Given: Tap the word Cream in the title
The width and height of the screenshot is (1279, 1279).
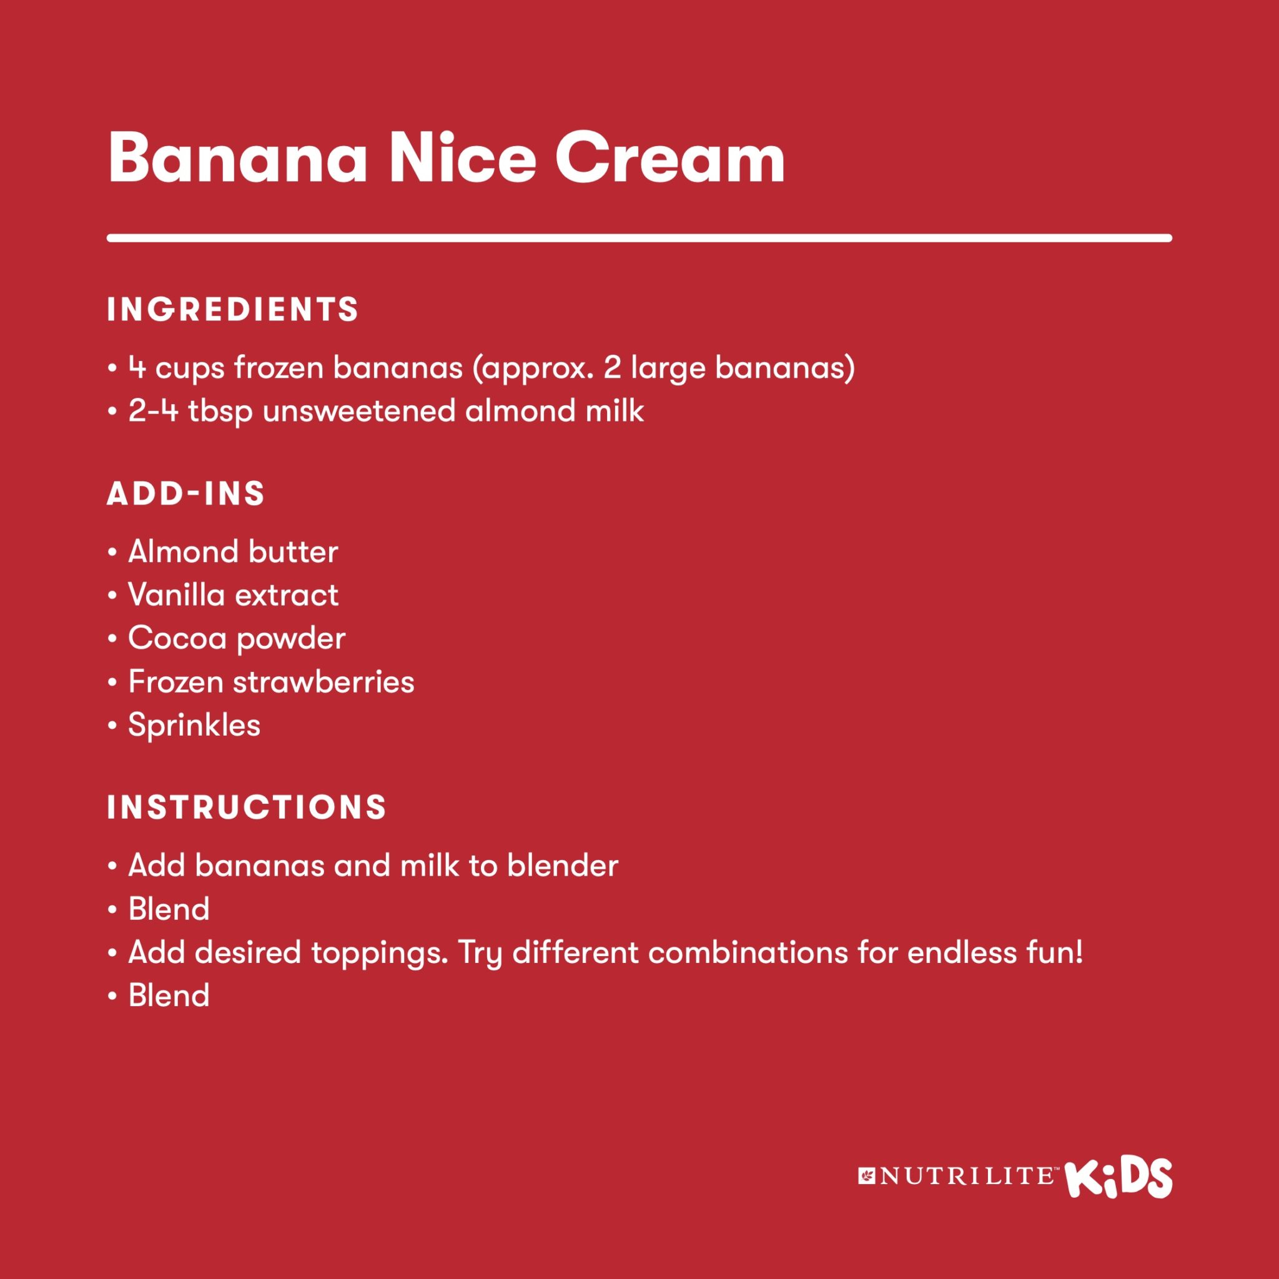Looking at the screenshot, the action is point(670,158).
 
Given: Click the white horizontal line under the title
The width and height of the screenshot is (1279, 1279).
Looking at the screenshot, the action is point(639,238).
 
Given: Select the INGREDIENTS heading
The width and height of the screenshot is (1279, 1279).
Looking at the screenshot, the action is point(233,310).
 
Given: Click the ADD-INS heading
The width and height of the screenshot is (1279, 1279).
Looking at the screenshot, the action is point(186,494).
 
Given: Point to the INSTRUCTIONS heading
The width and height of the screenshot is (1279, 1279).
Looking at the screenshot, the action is point(247,807).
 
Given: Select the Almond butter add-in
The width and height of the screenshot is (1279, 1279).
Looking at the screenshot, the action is point(233,551).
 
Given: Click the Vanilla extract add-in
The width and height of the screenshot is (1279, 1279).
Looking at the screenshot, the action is point(233,595).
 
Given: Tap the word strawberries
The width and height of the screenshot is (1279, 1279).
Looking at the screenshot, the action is point(323,682).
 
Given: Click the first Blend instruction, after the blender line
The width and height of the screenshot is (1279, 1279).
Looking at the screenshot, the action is point(169,909).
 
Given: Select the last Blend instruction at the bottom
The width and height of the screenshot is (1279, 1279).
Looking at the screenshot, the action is point(169,995).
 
